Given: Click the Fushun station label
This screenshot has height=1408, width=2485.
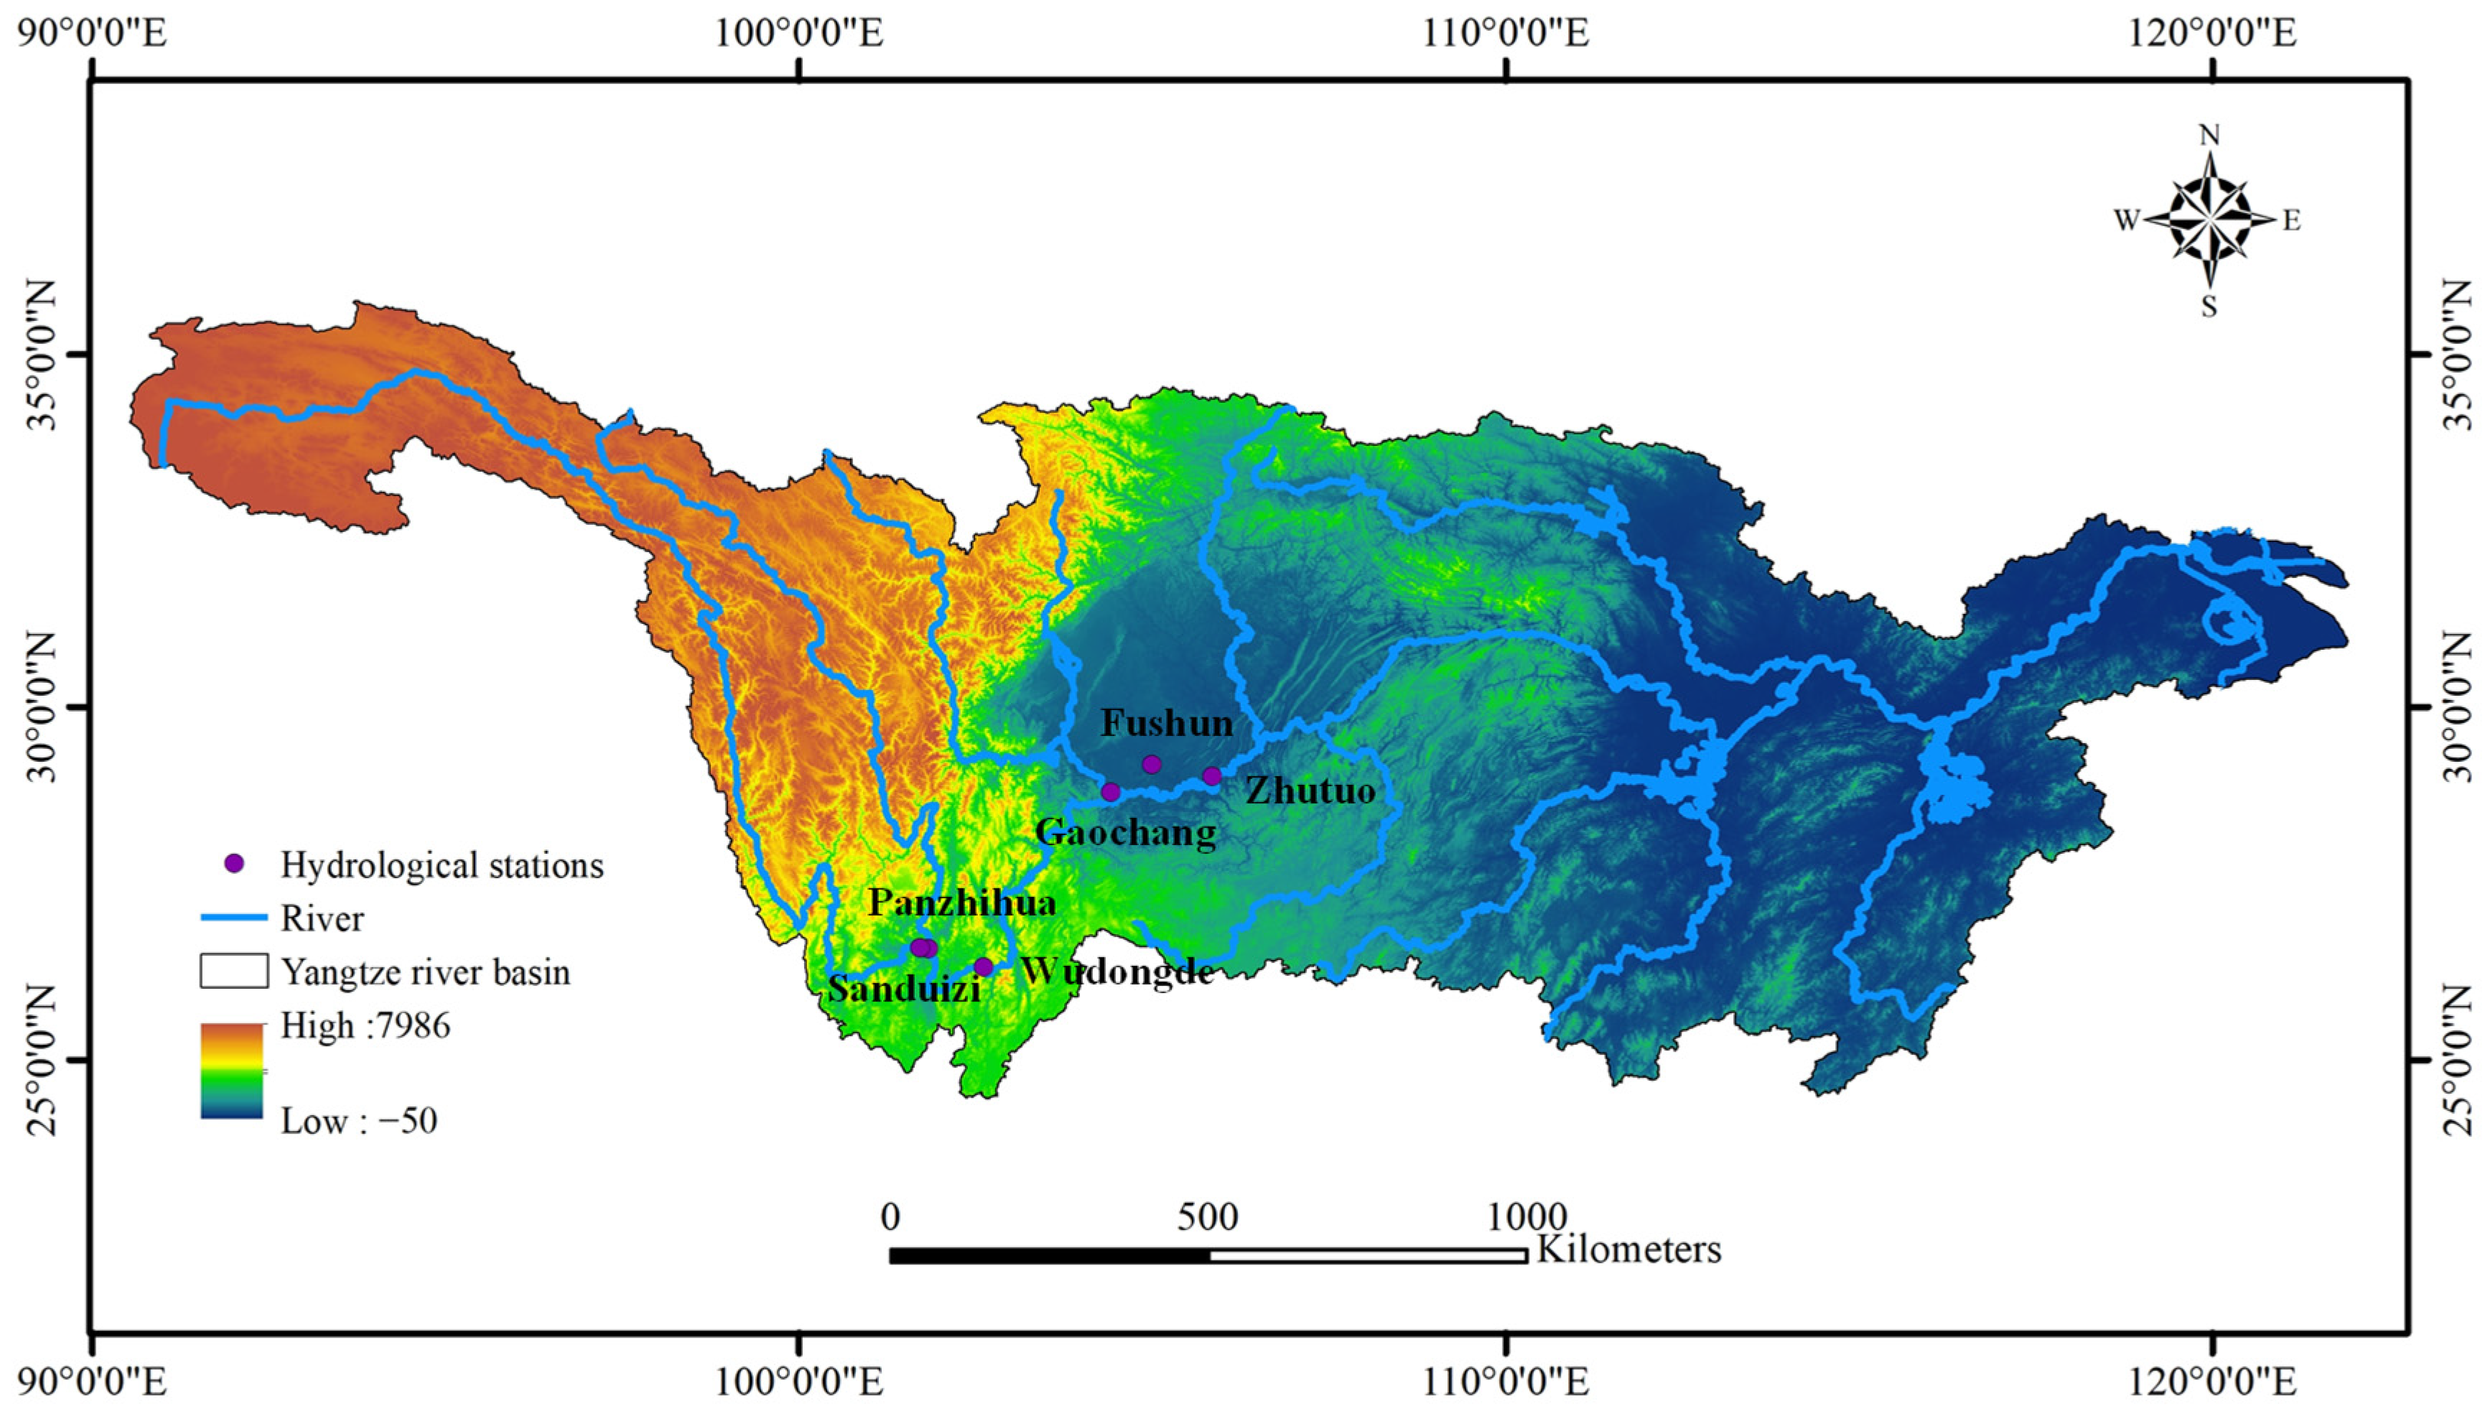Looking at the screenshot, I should click(1167, 722).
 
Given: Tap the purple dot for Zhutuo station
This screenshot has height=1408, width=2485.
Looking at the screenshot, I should click(1211, 775).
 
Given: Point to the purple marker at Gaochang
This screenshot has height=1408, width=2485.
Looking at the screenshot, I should click(1111, 792).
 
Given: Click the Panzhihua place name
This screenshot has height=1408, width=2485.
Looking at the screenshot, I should click(962, 903).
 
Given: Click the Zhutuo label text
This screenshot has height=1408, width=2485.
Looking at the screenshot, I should click(1310, 791).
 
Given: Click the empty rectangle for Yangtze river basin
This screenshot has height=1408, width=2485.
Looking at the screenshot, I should click(234, 971).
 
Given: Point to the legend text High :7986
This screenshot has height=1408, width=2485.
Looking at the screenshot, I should click(365, 1025).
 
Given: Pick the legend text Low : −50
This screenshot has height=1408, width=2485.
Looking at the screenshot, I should click(359, 1121).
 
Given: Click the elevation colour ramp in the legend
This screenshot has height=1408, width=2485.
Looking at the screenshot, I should click(232, 1071).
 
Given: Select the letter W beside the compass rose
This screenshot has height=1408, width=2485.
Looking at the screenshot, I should click(2125, 221).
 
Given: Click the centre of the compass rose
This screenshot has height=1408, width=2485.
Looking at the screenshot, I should click(2209, 220).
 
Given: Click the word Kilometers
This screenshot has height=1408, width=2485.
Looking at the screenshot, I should click(1629, 1249).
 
